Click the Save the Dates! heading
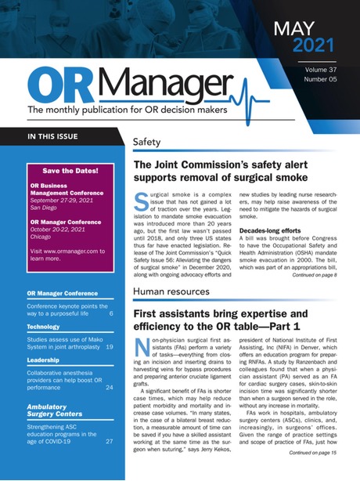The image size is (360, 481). [70, 169]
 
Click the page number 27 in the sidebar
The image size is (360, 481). [110, 440]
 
